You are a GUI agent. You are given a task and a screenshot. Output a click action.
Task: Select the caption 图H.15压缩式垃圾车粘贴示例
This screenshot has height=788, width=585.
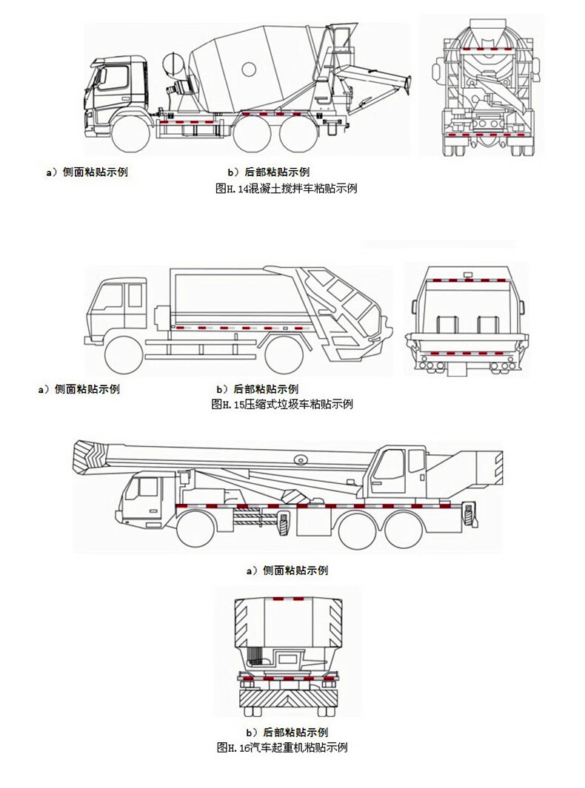pyautogui.click(x=281, y=404)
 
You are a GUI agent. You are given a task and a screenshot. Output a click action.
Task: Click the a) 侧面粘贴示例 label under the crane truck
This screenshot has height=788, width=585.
pyautogui.click(x=286, y=570)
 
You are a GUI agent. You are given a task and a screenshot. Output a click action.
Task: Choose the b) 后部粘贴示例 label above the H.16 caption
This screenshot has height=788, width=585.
pyautogui.click(x=286, y=733)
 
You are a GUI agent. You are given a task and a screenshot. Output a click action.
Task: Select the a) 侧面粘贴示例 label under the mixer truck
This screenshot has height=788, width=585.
pyautogui.click(x=87, y=172)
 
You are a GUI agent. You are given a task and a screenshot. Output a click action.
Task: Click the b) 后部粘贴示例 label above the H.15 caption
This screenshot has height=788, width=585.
pyautogui.click(x=257, y=388)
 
